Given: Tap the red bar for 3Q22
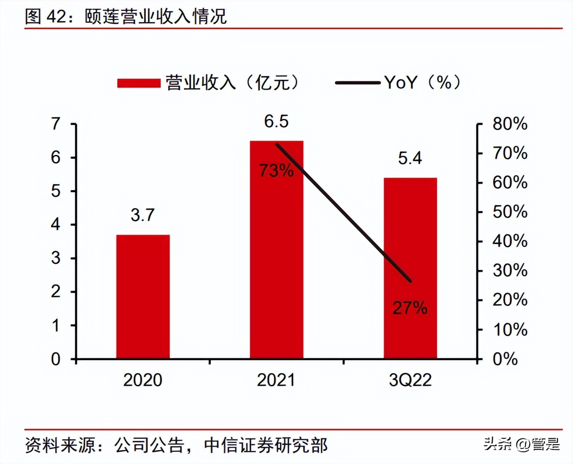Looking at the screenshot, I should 410,268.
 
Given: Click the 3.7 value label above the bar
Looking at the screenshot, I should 143,215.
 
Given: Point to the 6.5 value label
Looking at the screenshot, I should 276,121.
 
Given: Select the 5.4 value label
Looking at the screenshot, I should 410,158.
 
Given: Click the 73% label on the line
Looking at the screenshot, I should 276,170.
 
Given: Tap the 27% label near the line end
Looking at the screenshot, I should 410,308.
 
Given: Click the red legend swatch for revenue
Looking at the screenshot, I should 139,83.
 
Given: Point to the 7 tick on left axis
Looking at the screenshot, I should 56,124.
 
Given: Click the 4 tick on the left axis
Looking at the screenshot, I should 56,224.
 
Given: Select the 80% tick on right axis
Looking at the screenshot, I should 510,124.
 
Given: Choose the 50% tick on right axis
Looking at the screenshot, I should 510,212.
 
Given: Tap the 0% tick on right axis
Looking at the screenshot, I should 505,359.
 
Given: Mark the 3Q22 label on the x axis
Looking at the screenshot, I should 410,380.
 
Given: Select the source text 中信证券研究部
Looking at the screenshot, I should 266,445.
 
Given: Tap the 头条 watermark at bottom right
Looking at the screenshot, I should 498,443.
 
